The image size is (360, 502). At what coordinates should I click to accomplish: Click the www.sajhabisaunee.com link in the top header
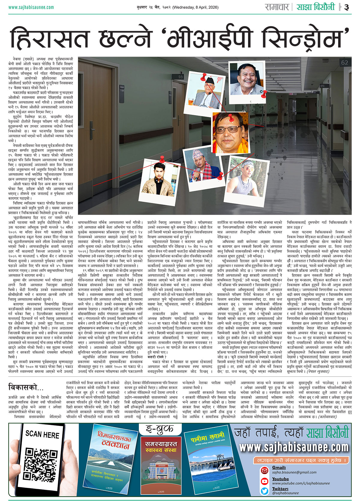[31, 7]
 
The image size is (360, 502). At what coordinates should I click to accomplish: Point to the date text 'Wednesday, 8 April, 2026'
[199, 7]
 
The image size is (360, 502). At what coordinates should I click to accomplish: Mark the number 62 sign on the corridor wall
[344, 63]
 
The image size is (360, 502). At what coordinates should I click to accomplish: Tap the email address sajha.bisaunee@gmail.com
[294, 472]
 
